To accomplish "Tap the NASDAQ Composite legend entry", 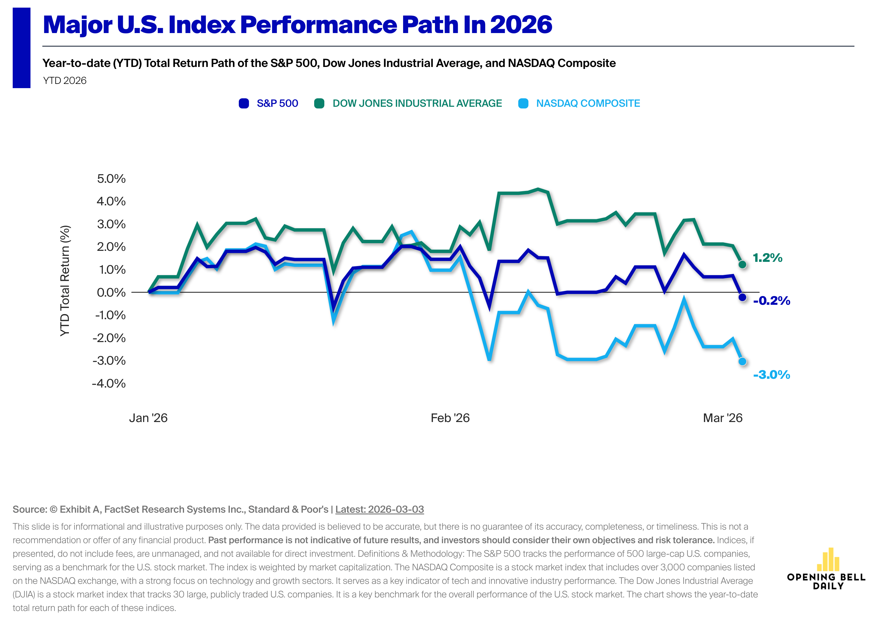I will [x=579, y=103].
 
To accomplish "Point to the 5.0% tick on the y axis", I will [x=111, y=179].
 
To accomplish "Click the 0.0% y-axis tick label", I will [x=111, y=293].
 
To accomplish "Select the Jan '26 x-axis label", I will [x=148, y=418].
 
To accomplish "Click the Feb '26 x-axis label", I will [x=450, y=418].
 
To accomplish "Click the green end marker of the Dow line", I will [x=742, y=264].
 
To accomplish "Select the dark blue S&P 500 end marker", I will [x=742, y=297].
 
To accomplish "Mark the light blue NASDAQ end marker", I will [x=742, y=361].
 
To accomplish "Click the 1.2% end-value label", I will [x=767, y=258].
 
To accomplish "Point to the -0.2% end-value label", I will [x=771, y=301].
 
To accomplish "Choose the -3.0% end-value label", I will [x=771, y=375].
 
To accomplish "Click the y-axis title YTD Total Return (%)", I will [x=65, y=281].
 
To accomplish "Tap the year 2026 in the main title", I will [x=521, y=25].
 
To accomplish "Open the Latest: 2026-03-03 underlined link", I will [x=379, y=509].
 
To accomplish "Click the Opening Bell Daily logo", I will [x=826, y=569].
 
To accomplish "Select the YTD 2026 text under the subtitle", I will [x=65, y=81].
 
